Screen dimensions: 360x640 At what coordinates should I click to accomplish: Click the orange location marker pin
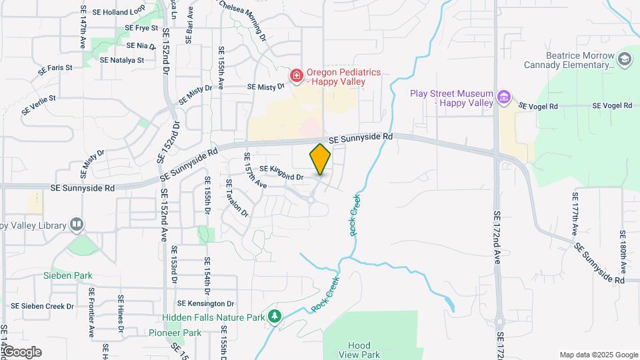[320, 159]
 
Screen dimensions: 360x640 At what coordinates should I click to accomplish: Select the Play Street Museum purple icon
[505, 99]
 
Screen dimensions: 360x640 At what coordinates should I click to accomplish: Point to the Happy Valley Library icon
[77, 225]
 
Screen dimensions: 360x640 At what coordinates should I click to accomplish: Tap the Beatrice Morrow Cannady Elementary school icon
[625, 59]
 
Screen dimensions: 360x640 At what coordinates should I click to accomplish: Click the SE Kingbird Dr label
[281, 173]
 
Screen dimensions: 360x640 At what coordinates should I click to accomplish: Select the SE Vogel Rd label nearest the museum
[537, 106]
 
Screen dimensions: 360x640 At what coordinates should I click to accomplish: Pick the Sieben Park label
[68, 275]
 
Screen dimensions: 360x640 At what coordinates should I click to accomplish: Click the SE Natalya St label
[122, 60]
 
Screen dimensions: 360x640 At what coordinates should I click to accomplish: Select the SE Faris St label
[55, 68]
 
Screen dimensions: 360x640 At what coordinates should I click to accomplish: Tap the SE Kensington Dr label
[207, 304]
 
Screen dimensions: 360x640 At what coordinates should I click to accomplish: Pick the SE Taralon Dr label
[237, 198]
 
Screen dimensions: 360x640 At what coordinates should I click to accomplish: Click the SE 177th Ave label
[575, 213]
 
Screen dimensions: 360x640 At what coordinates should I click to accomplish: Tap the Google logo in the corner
[21, 352]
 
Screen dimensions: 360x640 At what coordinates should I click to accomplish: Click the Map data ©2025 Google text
[599, 355]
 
